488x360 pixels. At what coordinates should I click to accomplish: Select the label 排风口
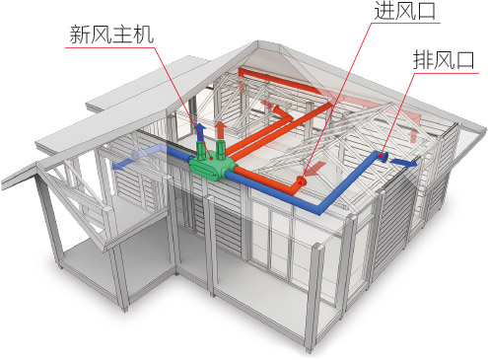point(444,61)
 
